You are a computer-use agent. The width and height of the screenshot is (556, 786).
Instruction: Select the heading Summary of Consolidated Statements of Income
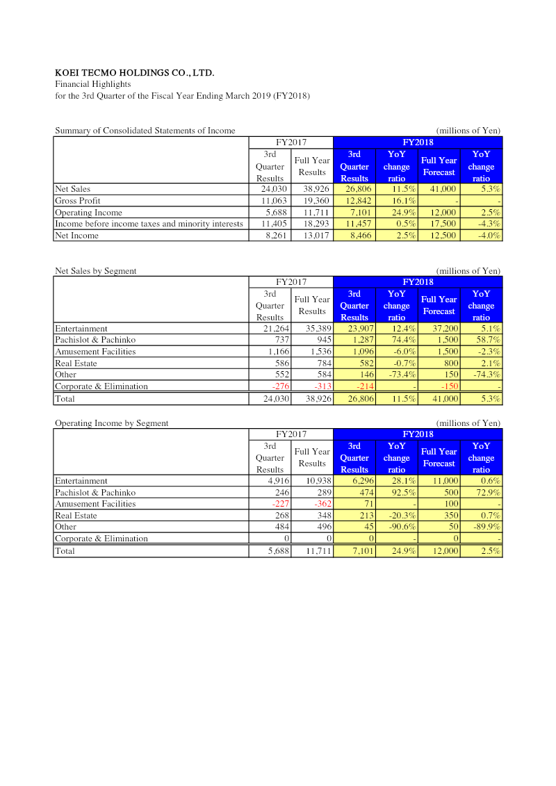pos(145,131)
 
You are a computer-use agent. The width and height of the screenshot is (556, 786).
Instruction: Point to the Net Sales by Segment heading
pos(96,271)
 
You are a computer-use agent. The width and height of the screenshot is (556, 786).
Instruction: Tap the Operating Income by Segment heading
pos(111,423)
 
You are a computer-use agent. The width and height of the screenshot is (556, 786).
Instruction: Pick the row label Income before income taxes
pos(149,224)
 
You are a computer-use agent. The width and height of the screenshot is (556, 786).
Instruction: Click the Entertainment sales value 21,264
pos(272,329)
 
